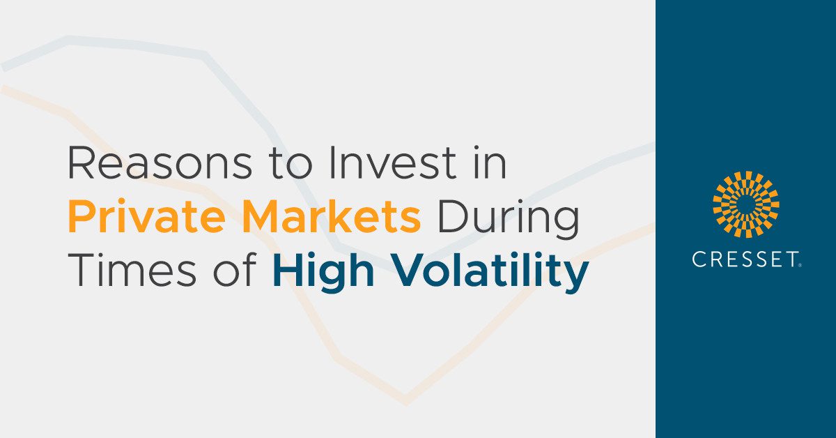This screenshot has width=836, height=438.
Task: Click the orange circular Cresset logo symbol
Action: click(745, 204)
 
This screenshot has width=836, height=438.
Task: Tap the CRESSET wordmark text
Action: click(745, 260)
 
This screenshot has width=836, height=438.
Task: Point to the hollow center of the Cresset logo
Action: click(745, 204)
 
